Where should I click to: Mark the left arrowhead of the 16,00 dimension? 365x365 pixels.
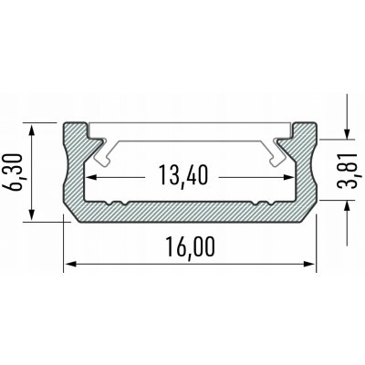[68, 266]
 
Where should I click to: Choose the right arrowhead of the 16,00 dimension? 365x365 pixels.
[310, 266]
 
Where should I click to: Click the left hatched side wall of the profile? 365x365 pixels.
[73, 173]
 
